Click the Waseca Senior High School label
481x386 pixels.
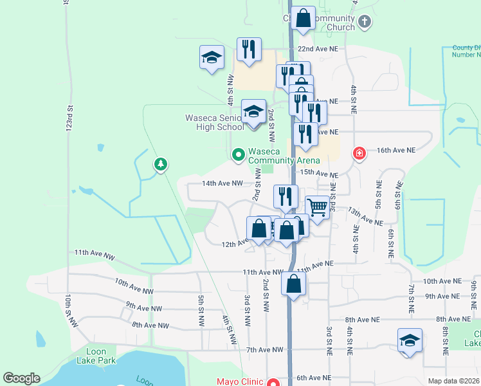click(215, 122)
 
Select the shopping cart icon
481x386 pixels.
click(317, 208)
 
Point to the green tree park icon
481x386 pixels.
click(160, 165)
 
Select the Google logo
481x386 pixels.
click(22, 378)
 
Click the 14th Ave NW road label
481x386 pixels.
click(222, 183)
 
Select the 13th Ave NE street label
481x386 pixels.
click(365, 216)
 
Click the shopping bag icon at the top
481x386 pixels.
click(304, 19)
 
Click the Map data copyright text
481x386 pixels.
click(453, 381)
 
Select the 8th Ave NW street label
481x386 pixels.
click(150, 326)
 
